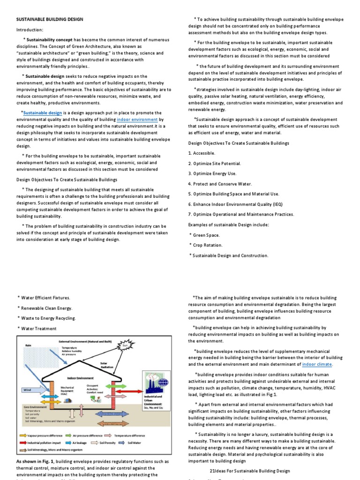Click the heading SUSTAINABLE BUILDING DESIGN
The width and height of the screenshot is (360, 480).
tap(50, 19)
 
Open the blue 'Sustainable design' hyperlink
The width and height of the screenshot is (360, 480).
tap(43, 113)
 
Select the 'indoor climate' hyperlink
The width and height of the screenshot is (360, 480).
tap(317, 364)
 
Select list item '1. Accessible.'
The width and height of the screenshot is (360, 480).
tap(202, 153)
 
